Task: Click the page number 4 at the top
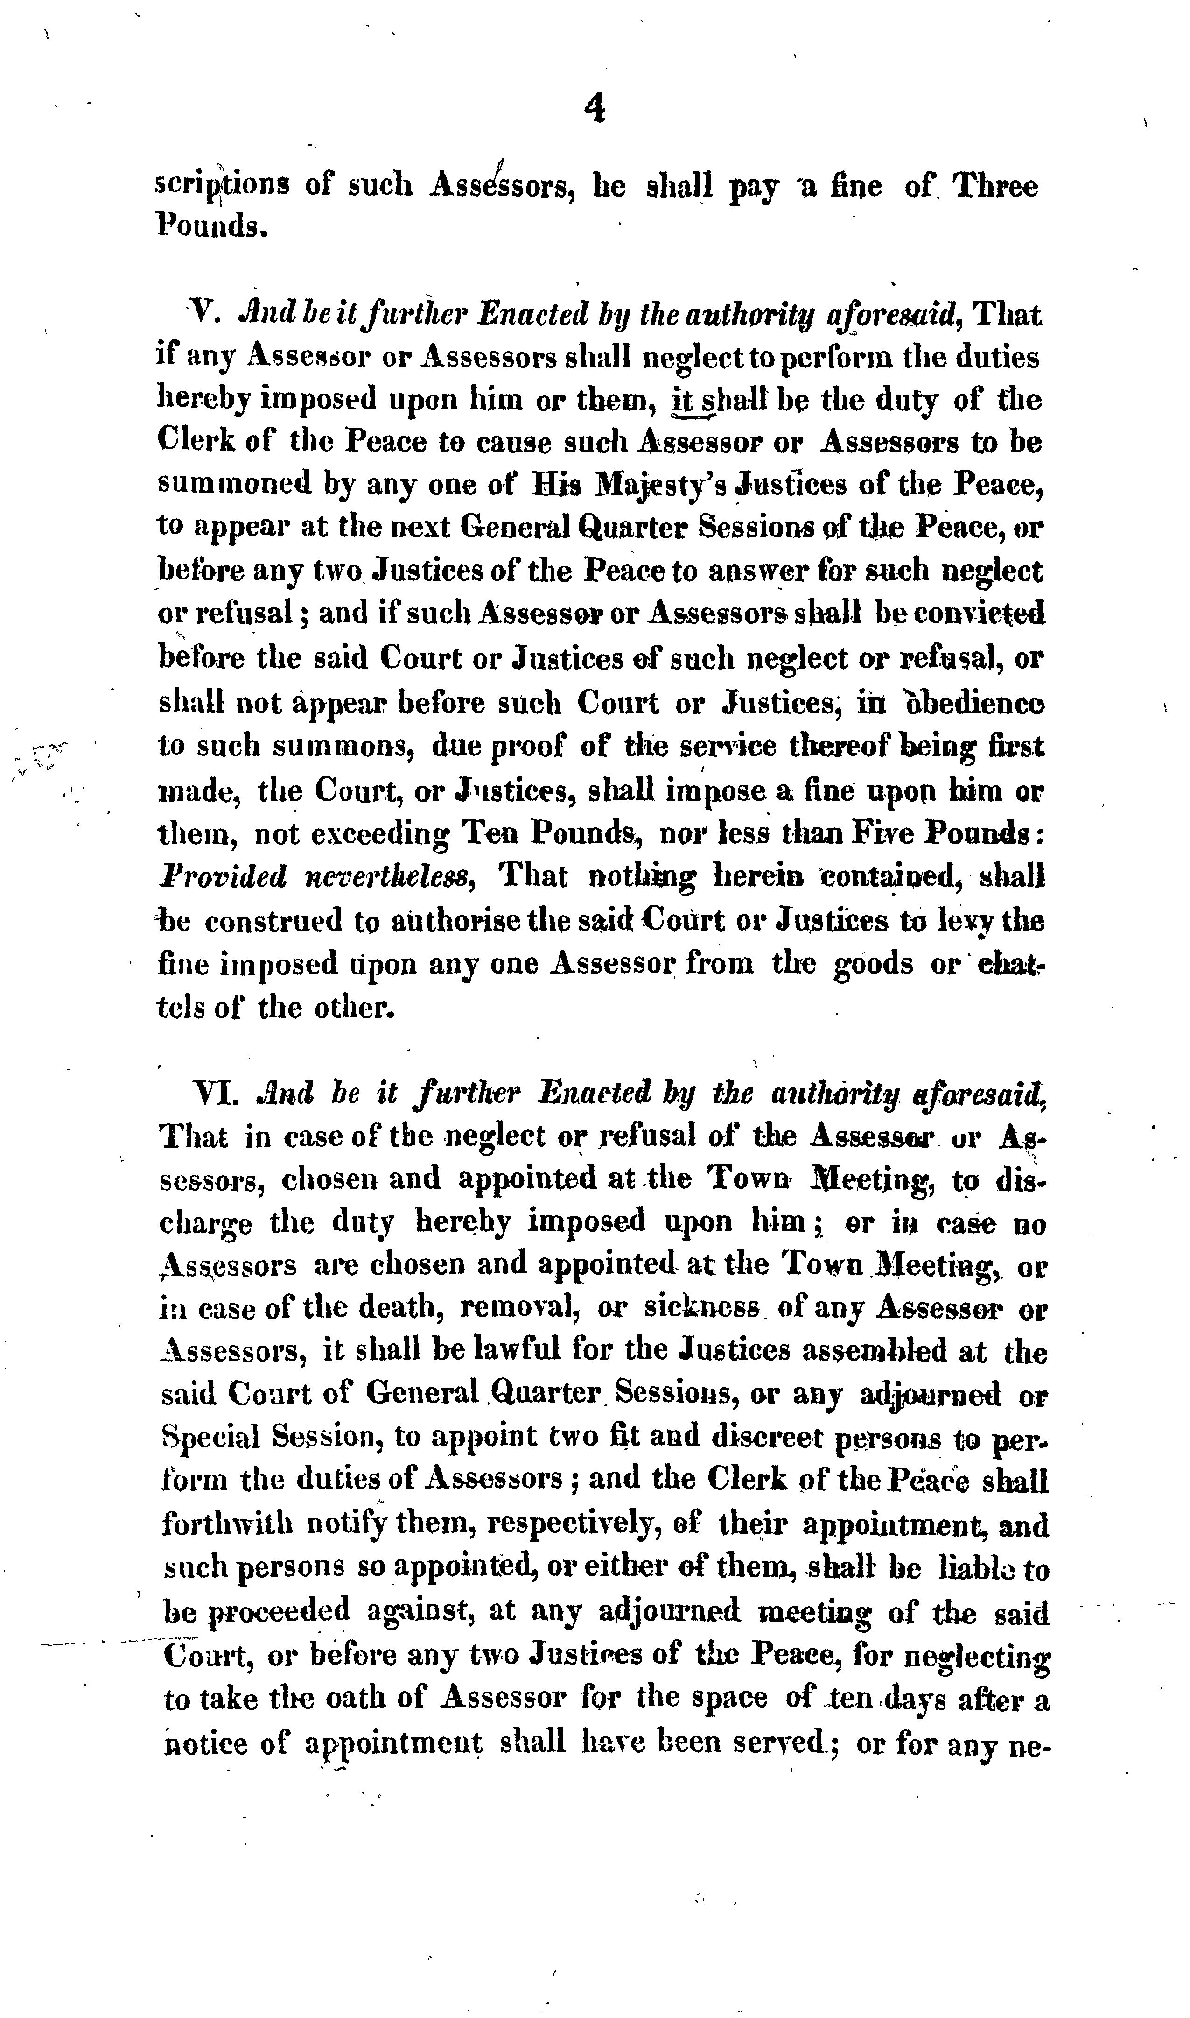pos(594,108)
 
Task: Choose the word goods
pos(873,963)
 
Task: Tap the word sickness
pos(702,1308)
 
